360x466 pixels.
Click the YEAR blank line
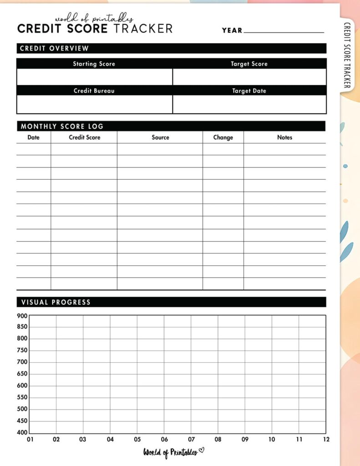click(x=284, y=32)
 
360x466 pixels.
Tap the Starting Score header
click(x=94, y=64)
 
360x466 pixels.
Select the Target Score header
click(x=249, y=64)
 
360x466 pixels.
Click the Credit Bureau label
click(x=94, y=91)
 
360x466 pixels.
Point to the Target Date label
click(x=249, y=91)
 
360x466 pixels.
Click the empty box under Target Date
click(x=249, y=104)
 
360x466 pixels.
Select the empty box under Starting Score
click(x=95, y=77)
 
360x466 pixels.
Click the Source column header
click(x=160, y=137)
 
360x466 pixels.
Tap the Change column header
click(x=223, y=137)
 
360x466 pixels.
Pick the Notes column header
click(x=284, y=137)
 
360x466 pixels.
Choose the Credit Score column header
click(x=84, y=137)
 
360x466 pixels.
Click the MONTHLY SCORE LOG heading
click(x=62, y=127)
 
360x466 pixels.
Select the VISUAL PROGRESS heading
click(x=56, y=302)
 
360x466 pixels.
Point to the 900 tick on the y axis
click(x=22, y=316)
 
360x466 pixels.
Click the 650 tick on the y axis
click(x=22, y=374)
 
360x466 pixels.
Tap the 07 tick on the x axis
click(x=191, y=440)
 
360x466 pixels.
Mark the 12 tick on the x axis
click(x=326, y=440)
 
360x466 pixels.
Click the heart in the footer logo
click(x=202, y=451)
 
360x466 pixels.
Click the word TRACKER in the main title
click(x=142, y=29)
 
